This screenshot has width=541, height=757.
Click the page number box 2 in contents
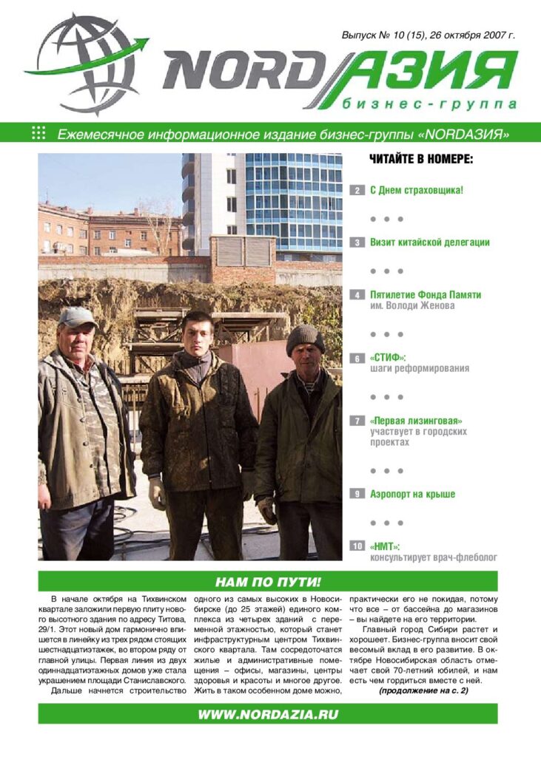point(357,191)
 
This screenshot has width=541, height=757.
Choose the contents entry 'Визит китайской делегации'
point(429,242)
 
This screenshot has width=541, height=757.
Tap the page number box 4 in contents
point(357,295)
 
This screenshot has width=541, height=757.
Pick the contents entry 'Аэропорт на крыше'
point(412,494)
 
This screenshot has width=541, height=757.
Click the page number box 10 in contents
point(357,546)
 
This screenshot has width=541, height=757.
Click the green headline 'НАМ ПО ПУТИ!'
point(268,581)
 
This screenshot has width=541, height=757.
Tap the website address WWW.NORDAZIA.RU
point(268,713)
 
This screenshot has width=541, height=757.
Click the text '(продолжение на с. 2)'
point(423,690)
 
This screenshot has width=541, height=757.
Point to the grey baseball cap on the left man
point(77,316)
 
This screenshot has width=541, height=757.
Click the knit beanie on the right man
point(305,337)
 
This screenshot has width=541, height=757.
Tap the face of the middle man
point(198,333)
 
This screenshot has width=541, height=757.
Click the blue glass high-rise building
point(293,200)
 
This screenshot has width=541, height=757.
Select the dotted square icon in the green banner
point(39,133)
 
